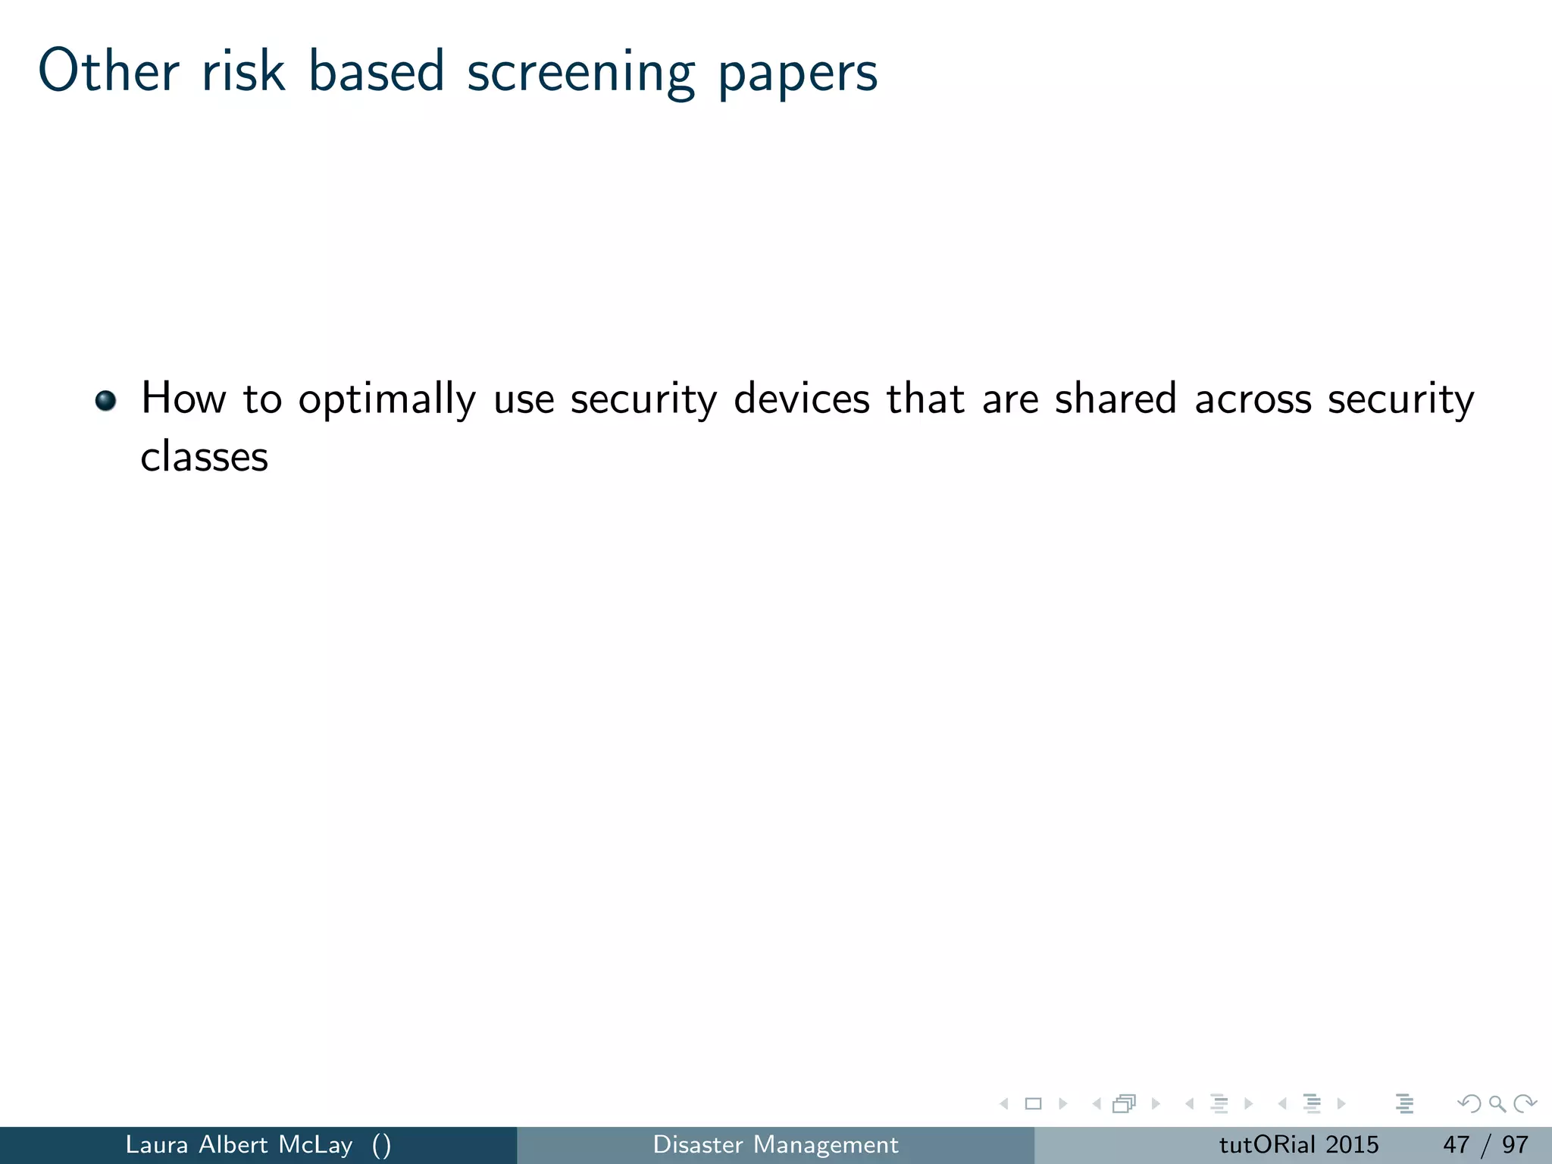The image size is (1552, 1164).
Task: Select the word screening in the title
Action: pos(580,72)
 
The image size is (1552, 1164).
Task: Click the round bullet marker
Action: pos(106,399)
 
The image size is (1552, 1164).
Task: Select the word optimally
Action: pos(386,400)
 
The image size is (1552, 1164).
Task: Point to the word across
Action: pos(1253,399)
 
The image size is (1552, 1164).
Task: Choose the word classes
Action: pos(205,457)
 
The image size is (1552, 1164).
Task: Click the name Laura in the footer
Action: pos(156,1144)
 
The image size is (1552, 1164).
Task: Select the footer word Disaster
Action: pos(698,1144)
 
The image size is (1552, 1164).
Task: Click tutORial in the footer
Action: pos(1266,1144)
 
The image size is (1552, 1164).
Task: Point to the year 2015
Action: pos(1352,1144)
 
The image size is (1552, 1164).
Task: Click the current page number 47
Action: pos(1456,1144)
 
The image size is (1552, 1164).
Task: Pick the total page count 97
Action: pos(1515,1144)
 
